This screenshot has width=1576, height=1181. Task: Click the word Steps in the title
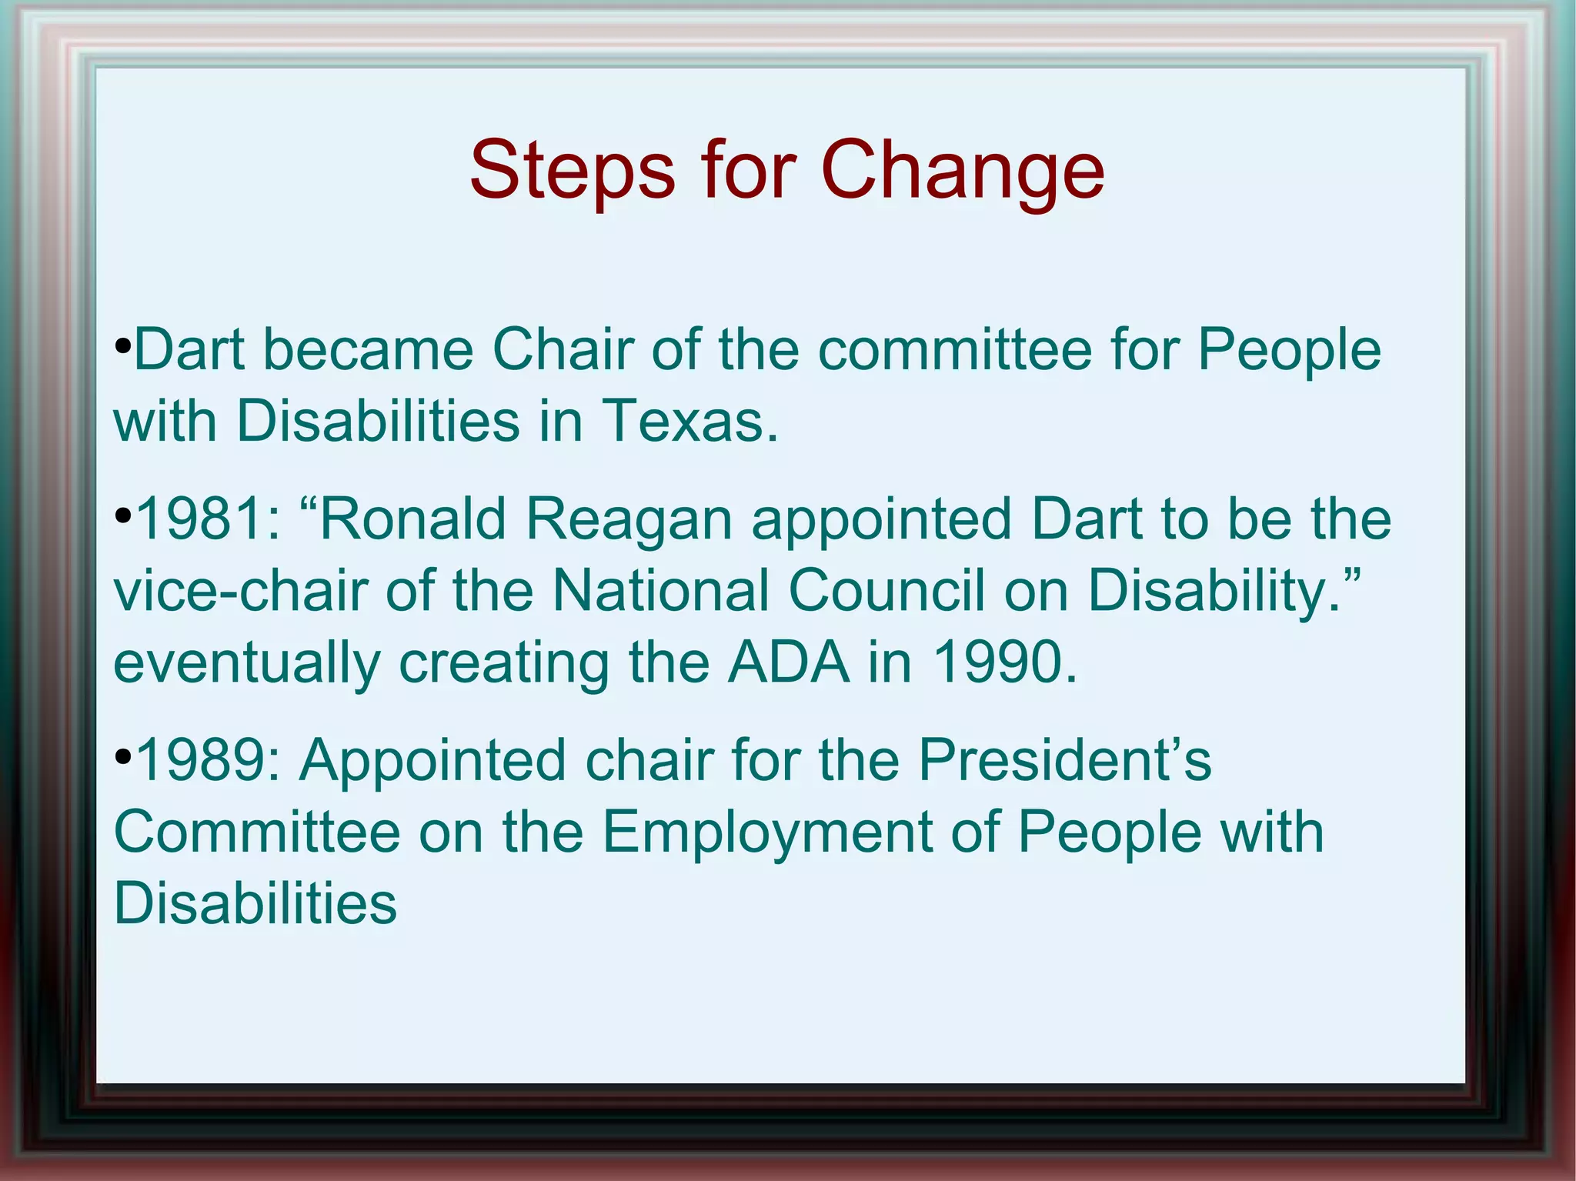(x=572, y=171)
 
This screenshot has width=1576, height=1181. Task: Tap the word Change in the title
(x=963, y=171)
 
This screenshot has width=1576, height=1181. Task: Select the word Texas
(x=689, y=421)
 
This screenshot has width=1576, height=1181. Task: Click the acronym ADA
(x=790, y=662)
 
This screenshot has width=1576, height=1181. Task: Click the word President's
(x=1065, y=760)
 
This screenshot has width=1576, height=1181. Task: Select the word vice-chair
(x=240, y=591)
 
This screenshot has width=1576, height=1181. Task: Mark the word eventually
(x=247, y=664)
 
